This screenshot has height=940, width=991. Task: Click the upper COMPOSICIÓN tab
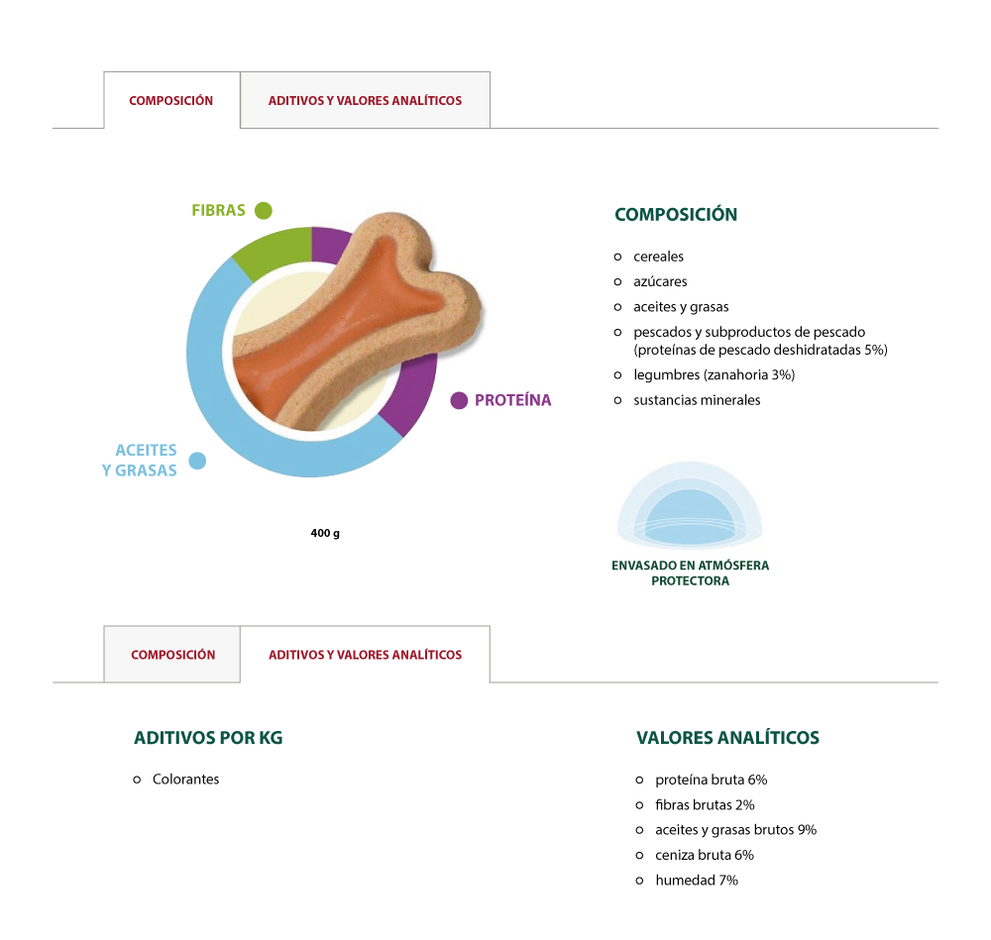coord(171,100)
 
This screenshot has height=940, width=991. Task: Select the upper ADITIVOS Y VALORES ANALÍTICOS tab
coord(366,100)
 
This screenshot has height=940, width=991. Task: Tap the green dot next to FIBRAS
coord(264,210)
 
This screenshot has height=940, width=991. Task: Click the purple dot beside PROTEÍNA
coord(459,400)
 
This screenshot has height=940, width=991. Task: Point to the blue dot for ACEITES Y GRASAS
coord(198,462)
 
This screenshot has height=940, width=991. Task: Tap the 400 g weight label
coord(325,533)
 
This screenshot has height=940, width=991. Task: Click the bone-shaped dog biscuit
coord(358,322)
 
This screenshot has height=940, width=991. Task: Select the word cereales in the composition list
coord(659,257)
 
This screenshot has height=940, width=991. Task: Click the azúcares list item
coord(660,281)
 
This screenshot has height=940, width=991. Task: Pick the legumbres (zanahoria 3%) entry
coord(715,375)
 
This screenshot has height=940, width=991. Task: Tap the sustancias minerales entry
coord(697,400)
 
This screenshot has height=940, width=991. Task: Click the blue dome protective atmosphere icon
coord(690,504)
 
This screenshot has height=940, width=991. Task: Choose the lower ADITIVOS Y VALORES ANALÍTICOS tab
coord(366,655)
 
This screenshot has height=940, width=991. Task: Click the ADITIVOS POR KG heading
coord(208,738)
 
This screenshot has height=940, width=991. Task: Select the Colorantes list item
coord(186,780)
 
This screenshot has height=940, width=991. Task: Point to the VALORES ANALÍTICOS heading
coord(728,738)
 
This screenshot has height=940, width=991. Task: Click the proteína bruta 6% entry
coord(711,781)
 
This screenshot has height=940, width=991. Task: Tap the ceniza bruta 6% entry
coord(705,856)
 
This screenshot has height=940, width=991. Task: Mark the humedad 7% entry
coord(697,881)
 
